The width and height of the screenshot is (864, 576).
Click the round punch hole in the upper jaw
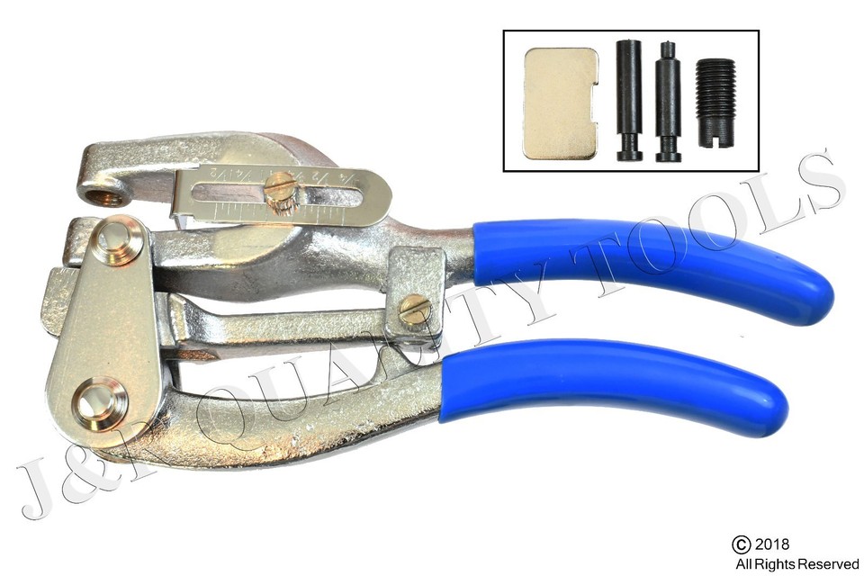[x=98, y=191]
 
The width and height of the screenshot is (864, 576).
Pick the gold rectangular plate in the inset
[x=560, y=103]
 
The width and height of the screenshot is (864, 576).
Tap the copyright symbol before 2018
[x=741, y=544]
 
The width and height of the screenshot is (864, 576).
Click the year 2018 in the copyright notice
[x=773, y=544]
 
